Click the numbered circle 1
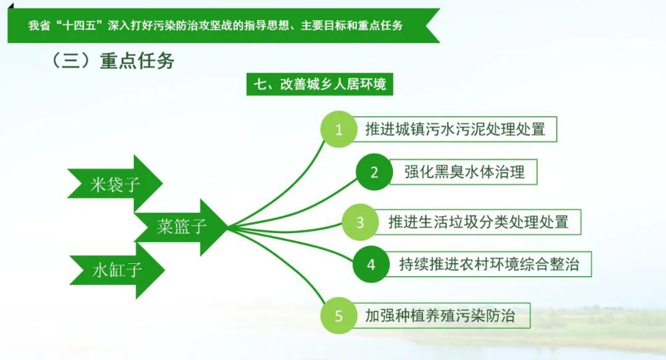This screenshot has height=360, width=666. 339,129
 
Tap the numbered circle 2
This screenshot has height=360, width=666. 374,172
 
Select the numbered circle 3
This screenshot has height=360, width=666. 360,222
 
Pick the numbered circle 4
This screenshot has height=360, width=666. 371,264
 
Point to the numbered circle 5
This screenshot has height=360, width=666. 339,316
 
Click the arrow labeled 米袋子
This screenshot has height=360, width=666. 115,184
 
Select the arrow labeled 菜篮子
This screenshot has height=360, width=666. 181,227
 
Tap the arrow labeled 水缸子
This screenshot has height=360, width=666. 117,270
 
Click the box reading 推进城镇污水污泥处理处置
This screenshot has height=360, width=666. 454,129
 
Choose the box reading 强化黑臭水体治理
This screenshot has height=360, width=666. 463,172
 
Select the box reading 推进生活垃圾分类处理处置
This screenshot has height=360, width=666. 477,222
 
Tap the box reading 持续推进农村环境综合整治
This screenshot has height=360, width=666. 488,264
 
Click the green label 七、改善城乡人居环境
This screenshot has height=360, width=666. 320,84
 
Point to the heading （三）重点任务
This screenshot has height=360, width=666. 112,60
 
